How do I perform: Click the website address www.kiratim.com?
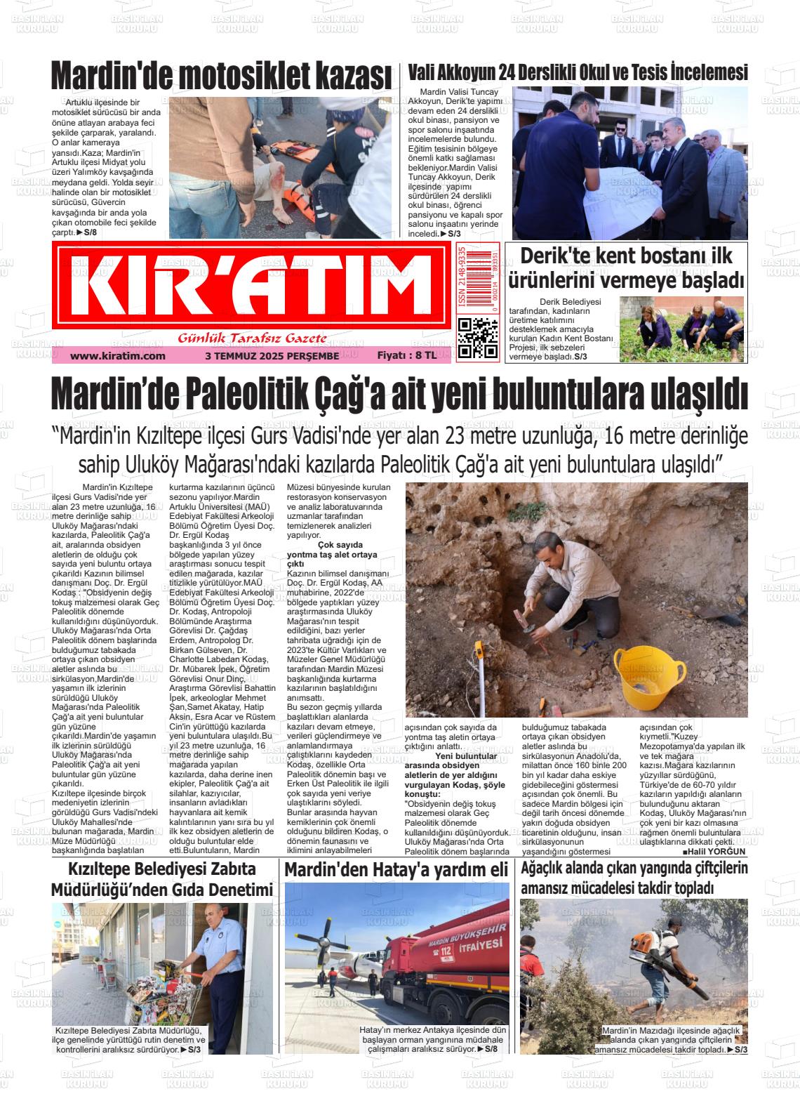click(x=118, y=356)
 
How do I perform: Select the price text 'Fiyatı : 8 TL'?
click(x=406, y=356)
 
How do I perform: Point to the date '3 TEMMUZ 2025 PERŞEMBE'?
click(x=272, y=356)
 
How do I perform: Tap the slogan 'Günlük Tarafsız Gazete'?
click(x=253, y=338)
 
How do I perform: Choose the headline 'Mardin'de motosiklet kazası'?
click(x=221, y=74)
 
